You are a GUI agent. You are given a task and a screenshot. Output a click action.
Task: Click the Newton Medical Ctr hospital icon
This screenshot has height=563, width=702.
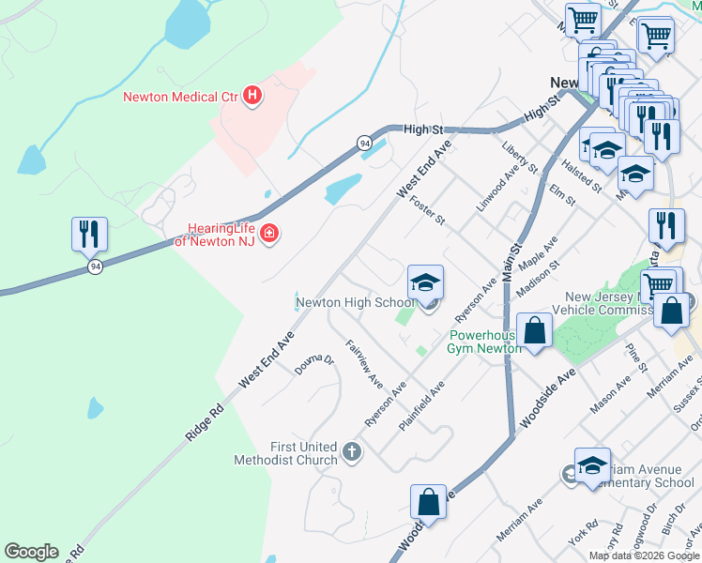(252, 95)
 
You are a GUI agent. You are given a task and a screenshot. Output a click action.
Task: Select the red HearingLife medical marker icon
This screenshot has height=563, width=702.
(269, 233)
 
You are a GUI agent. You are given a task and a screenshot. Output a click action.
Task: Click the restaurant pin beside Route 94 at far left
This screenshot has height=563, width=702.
(90, 235)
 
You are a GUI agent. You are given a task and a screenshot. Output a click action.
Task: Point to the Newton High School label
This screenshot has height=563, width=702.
(355, 303)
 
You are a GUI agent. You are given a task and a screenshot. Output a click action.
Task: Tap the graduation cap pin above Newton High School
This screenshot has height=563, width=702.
(425, 282)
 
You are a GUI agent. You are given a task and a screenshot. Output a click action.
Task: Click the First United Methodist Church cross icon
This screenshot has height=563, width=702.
(351, 453)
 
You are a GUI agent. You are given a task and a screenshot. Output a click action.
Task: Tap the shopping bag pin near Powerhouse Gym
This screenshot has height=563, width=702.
(534, 332)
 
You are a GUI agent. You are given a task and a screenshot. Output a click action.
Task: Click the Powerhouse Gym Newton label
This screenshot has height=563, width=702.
(484, 342)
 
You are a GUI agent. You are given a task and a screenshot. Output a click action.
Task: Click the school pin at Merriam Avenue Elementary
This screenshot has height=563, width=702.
(592, 465)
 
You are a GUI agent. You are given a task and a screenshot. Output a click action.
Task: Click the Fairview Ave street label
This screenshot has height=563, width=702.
(364, 365)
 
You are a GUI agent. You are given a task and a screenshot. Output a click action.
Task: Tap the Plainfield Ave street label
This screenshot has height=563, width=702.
(421, 405)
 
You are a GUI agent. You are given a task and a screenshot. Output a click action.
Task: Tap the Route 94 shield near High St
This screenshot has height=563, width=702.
(364, 143)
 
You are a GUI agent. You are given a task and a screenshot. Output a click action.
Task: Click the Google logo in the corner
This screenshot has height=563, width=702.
(31, 552)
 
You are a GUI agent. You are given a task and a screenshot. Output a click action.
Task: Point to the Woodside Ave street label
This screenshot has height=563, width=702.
(547, 400)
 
